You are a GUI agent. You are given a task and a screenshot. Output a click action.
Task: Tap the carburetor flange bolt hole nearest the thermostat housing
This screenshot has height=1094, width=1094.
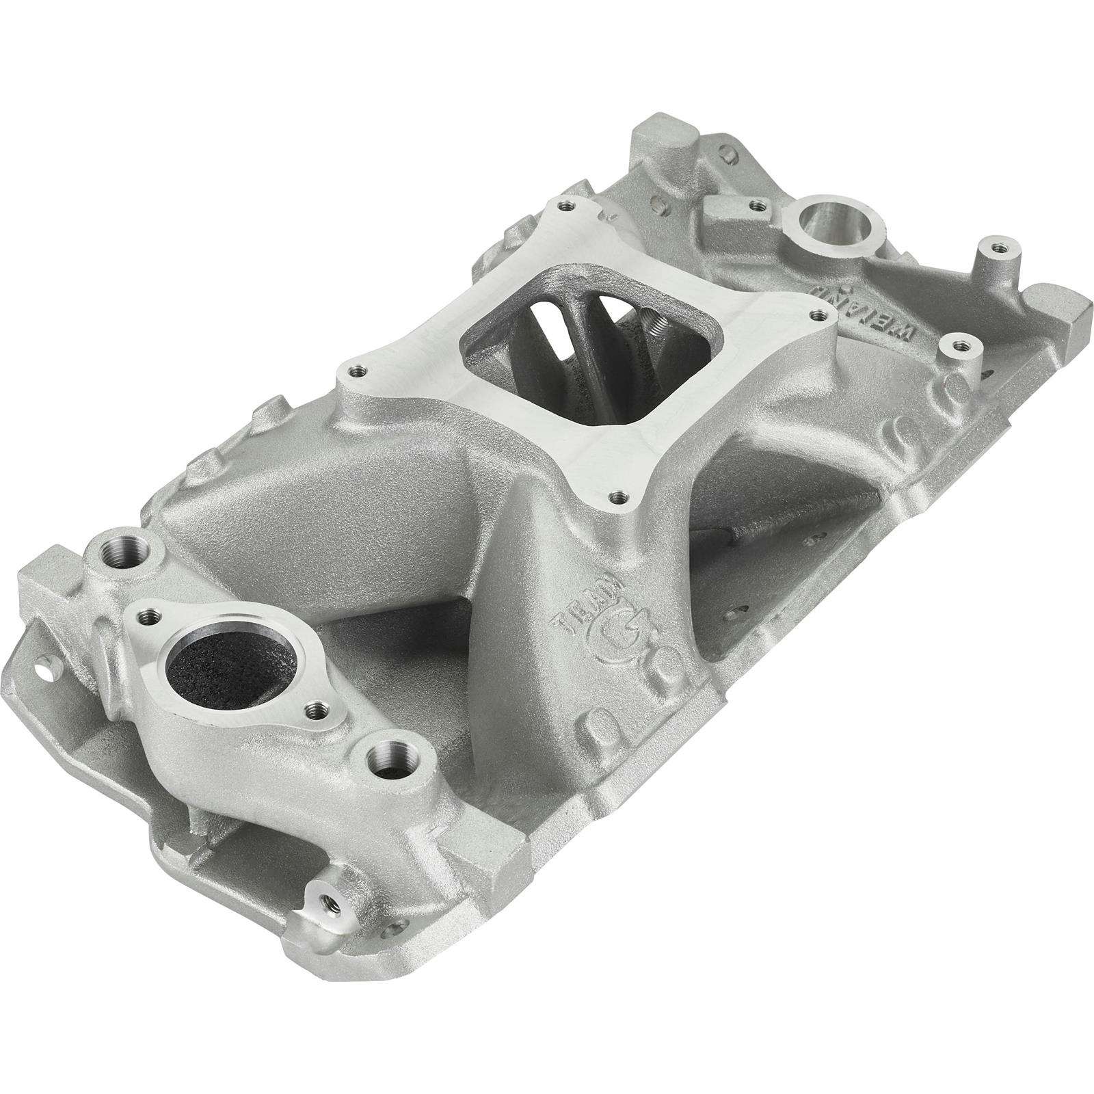353,371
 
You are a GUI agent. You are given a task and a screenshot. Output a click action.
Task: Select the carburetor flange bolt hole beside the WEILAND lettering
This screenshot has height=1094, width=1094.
814,315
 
